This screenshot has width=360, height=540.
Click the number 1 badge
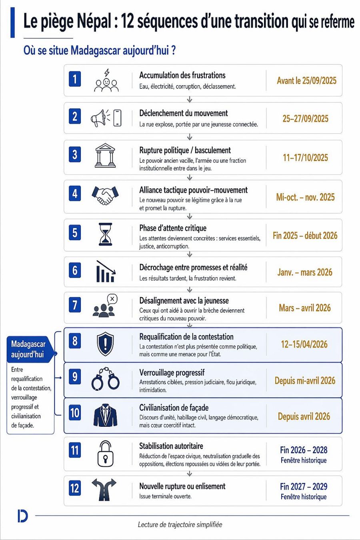75,79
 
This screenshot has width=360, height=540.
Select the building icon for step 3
105,155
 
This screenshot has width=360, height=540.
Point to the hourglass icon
106,234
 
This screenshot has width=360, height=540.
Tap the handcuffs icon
106,379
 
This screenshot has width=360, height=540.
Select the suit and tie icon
106,415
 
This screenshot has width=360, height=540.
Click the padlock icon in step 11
106,454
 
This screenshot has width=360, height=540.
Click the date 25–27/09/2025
305,119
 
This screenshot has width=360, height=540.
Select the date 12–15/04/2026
304,344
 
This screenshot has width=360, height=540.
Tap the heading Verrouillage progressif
172,373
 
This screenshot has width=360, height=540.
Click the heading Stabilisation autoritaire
171,446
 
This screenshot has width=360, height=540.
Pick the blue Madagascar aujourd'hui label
28,349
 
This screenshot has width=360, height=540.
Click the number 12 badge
75,488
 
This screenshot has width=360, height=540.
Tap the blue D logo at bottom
23,516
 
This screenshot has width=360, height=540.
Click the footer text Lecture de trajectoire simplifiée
180,524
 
